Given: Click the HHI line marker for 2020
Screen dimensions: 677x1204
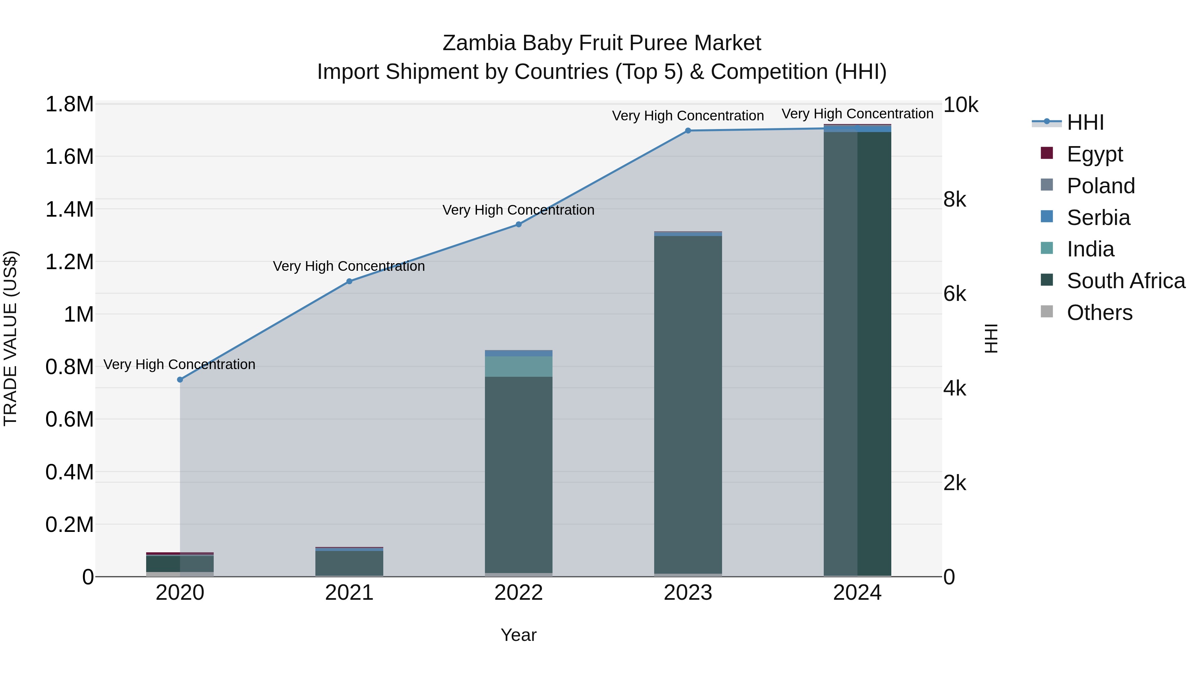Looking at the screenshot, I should click(x=180, y=379).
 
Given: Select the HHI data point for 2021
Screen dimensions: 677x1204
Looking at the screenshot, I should click(x=349, y=281).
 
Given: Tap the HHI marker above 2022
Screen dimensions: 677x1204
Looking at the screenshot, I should click(x=518, y=224).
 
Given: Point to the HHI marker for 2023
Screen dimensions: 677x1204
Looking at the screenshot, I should click(x=688, y=131).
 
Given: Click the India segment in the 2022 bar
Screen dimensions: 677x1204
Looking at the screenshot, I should click(x=518, y=366).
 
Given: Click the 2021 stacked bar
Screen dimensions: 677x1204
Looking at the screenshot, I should click(x=349, y=563).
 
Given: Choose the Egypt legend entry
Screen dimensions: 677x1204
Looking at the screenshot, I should click(x=1094, y=154).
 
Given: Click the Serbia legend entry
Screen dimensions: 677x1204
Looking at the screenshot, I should click(x=1098, y=217).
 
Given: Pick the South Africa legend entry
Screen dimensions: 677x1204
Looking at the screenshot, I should click(x=1125, y=281).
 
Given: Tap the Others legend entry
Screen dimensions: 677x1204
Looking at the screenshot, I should click(x=1099, y=312).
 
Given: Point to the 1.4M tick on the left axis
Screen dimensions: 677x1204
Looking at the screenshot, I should click(x=70, y=209).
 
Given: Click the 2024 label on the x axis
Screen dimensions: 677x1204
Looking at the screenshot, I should click(x=857, y=593).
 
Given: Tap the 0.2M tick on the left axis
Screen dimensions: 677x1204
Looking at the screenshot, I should click(x=70, y=524).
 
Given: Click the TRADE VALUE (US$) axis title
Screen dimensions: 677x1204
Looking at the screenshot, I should click(x=10, y=338).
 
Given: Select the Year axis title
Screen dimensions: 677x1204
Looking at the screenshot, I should click(x=518, y=635).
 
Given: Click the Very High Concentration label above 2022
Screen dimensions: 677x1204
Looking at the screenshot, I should click(x=518, y=210).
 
